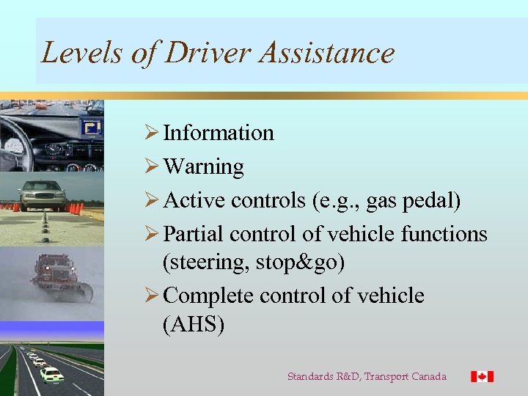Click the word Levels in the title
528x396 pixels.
[72, 53]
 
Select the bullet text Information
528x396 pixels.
[219, 133]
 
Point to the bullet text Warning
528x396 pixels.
[203, 166]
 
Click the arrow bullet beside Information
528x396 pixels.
[153, 133]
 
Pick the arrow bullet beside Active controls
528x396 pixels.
[153, 200]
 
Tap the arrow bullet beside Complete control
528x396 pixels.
[153, 296]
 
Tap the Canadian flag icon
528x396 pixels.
[482, 376]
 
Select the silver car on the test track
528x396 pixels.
[43, 194]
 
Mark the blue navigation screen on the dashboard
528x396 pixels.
[92, 128]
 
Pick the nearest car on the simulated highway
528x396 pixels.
[51, 375]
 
